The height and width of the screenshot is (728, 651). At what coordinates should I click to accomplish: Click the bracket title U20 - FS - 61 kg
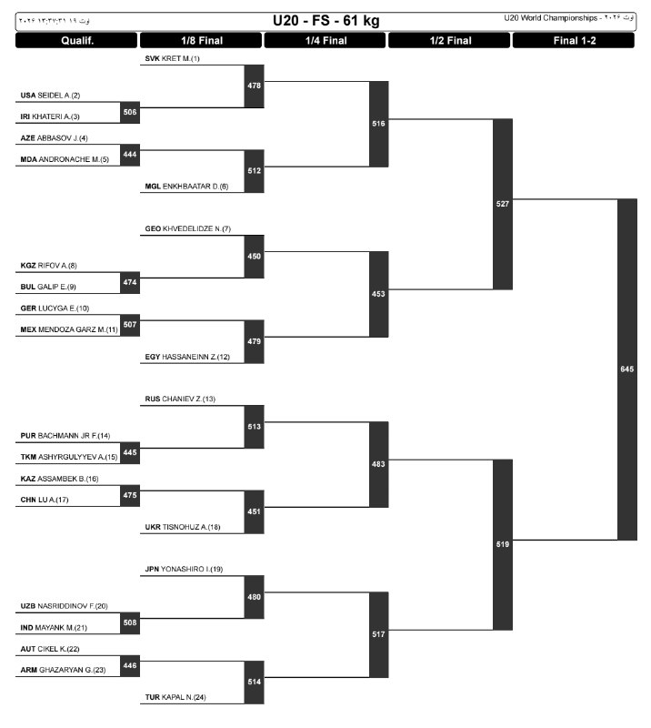pos(325,21)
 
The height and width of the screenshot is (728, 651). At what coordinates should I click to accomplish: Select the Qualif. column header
pos(77,40)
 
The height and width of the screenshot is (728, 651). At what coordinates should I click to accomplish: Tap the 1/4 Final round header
pos(325,40)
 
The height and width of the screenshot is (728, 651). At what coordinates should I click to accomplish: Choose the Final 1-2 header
pos(574,40)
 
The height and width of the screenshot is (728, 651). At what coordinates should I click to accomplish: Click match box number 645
pos(626,369)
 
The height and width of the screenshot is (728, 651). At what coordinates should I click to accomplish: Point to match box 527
pos(503,204)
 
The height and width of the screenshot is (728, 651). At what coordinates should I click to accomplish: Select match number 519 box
pos(503,544)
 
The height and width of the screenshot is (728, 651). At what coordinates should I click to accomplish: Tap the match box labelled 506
pos(130,112)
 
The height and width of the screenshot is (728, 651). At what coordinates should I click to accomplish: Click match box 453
pos(378,294)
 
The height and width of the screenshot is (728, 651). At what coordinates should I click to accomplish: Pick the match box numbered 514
pos(255,682)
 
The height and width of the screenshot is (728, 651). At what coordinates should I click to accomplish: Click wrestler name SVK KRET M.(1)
pos(172,58)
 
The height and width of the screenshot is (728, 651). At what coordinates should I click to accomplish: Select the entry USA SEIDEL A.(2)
pos(50,96)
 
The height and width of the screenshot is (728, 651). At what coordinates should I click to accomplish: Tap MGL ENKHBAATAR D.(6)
pos(186,187)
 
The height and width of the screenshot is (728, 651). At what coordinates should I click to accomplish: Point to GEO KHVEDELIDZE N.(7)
pos(187,228)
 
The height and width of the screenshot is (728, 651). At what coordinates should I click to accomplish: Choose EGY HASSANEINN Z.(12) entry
pos(187,357)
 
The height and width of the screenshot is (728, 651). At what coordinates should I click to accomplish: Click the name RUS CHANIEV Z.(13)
pos(180,399)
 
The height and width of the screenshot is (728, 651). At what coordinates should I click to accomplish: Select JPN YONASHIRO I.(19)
pos(184,569)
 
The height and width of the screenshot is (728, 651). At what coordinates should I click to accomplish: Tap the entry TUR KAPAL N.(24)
pos(175,697)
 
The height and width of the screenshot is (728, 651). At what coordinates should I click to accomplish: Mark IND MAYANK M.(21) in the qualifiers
pos(54,628)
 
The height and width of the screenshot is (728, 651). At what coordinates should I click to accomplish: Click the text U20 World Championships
pos(551,18)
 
